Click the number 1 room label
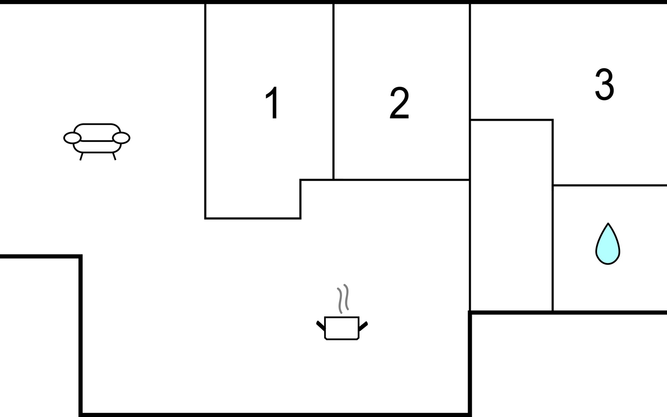coord(273,103)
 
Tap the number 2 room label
coord(399,103)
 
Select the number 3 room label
coord(604,84)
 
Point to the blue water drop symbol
coord(608,244)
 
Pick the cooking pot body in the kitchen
coord(341,328)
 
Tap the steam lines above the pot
coord(343,299)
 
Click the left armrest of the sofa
coord(72,138)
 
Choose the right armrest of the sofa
coord(121,138)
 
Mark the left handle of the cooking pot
coord(321,326)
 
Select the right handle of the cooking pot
coord(363,326)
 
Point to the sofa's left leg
coord(81,156)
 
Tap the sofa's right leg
coord(114,156)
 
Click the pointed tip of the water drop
coord(608,223)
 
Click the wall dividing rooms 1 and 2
coord(333,92)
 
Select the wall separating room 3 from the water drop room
coord(610,185)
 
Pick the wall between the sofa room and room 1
coord(205,111)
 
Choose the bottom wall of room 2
coord(402,180)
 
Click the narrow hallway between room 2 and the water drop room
coord(511,215)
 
